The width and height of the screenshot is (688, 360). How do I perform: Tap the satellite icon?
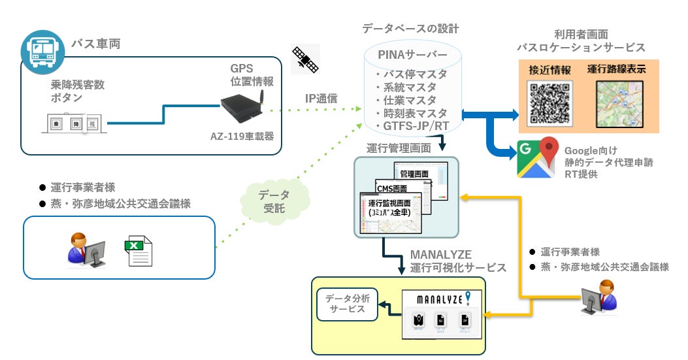pyautogui.click(x=305, y=58)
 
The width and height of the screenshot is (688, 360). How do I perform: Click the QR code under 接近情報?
pyautogui.click(x=549, y=103)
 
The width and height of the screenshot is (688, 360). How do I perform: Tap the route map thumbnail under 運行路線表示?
pyautogui.click(x=619, y=103)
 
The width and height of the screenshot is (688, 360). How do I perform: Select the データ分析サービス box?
pyautogui.click(x=347, y=304)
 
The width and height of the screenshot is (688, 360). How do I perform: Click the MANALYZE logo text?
pyautogui.click(x=436, y=299)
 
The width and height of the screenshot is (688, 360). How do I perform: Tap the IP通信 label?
pyautogui.click(x=321, y=99)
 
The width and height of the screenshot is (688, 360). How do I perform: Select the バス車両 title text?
pyautogui.click(x=96, y=44)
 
